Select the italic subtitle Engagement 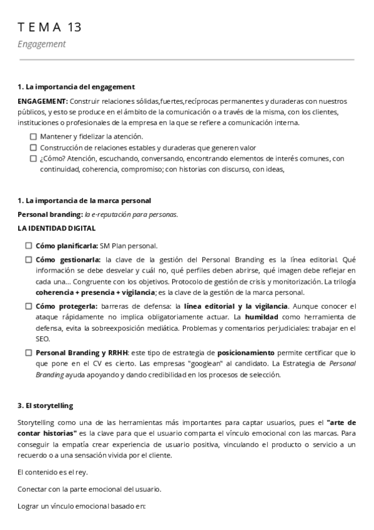click(x=42, y=44)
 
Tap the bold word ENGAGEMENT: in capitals click(x=42, y=101)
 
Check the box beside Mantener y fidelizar click(x=33, y=136)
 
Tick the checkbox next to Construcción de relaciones click(x=33, y=147)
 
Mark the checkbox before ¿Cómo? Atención click(x=33, y=159)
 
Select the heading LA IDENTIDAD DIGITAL click(x=57, y=229)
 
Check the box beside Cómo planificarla click(x=29, y=246)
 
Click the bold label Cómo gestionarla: click(x=68, y=259)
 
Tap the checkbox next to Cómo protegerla click(x=29, y=306)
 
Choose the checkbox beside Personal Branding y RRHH click(x=29, y=353)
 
